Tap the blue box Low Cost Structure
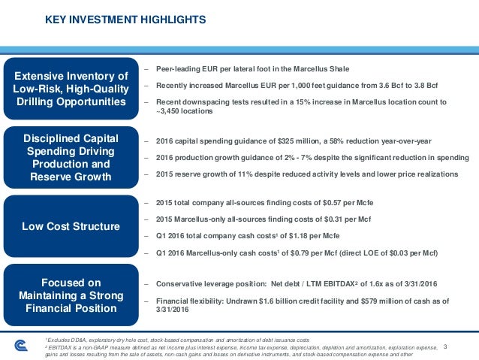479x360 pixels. click(x=71, y=226)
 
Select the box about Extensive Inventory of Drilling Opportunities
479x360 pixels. click(x=71, y=89)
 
